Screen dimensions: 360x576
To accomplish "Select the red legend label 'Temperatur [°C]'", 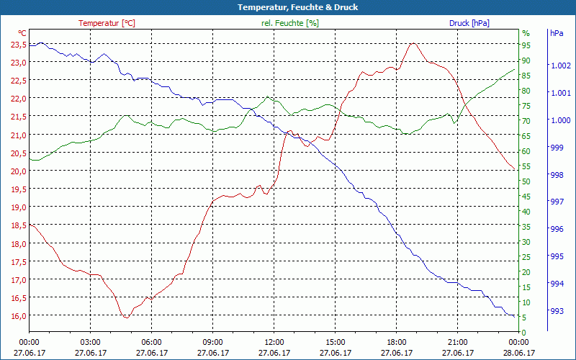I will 107,23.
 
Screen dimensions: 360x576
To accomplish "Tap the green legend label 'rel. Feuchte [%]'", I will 290,23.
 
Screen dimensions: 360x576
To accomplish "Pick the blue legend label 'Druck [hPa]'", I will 469,23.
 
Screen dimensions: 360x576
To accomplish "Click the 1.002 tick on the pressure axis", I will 559,66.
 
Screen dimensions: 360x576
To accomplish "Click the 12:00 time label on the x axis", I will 274,342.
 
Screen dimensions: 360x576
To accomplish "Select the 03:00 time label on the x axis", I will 90,342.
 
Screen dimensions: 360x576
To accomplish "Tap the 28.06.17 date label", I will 518,353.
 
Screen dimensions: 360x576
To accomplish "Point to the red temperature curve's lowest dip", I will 125,317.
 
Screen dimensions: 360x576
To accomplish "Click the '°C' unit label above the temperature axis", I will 22,33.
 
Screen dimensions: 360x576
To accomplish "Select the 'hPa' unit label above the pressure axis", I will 556,33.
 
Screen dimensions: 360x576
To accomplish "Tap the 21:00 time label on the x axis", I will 457,342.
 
